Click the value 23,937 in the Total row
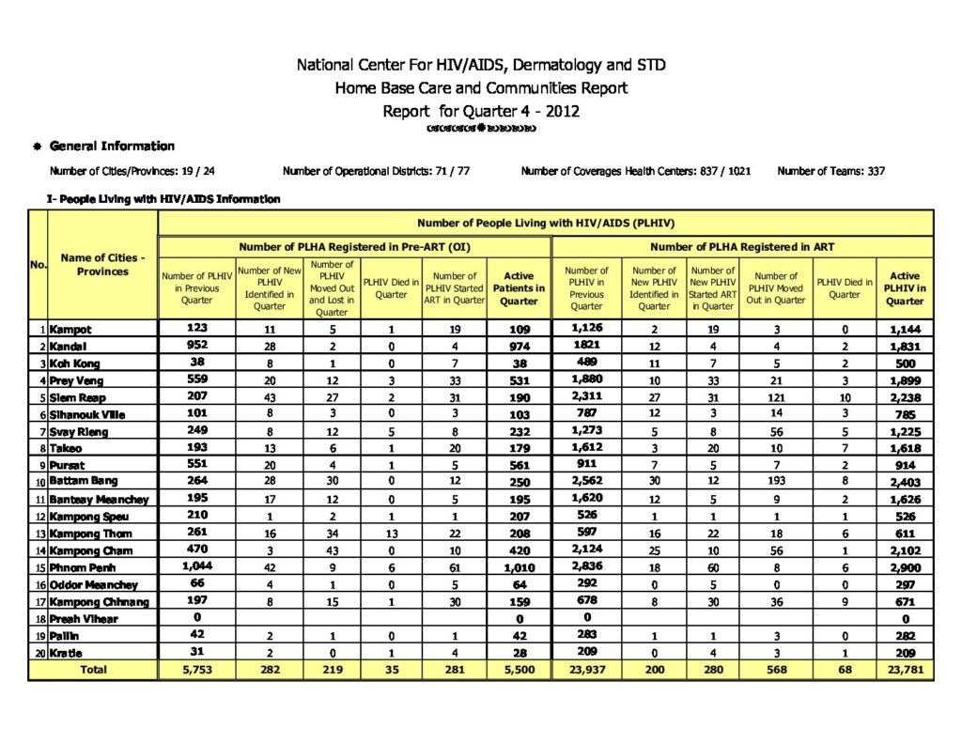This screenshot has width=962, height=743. coord(586,670)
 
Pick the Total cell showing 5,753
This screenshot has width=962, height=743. coord(196,670)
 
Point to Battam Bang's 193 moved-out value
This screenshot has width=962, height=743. coord(776,483)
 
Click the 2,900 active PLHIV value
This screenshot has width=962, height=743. coord(905,567)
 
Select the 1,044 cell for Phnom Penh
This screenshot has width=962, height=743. coord(196,566)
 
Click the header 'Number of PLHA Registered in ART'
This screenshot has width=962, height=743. coord(742,247)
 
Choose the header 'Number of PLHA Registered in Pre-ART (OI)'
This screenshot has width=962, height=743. coord(354,247)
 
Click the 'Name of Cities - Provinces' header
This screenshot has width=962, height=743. coord(102,264)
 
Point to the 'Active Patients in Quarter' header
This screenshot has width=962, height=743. coord(519,288)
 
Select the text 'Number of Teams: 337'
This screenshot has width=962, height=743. coord(830,171)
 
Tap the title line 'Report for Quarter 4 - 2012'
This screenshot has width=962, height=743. coord(481,111)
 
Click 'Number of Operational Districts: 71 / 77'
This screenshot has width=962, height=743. coord(376,171)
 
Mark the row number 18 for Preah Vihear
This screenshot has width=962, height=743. coord(39,619)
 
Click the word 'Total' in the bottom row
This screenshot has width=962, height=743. coord(92,670)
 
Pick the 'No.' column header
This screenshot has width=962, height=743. coord(38,265)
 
